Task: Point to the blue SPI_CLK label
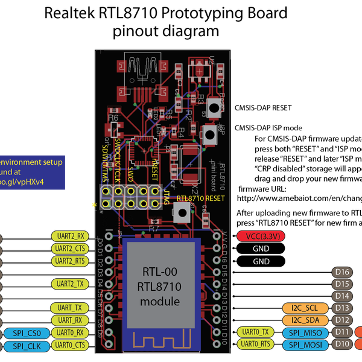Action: tap(26, 345)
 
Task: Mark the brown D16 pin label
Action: tap(343, 272)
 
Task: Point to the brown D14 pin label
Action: tap(343, 296)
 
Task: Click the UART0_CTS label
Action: tap(72, 345)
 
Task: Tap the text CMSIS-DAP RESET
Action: tap(262, 108)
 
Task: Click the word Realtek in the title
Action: tap(72, 13)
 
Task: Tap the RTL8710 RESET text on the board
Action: tap(201, 197)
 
